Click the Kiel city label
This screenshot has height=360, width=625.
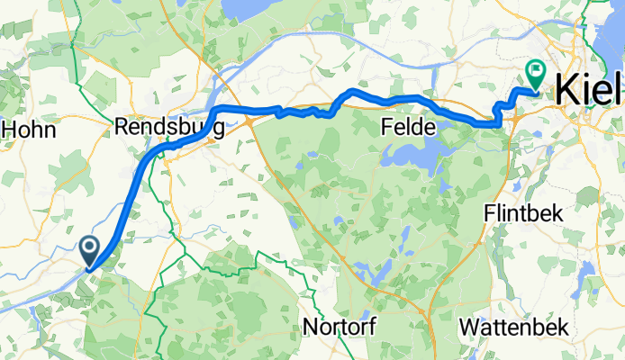pos(588,89)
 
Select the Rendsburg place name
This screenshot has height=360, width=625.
pos(170,129)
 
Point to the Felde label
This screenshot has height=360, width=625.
pos(406,129)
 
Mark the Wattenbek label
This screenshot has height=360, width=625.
pos(513,326)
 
